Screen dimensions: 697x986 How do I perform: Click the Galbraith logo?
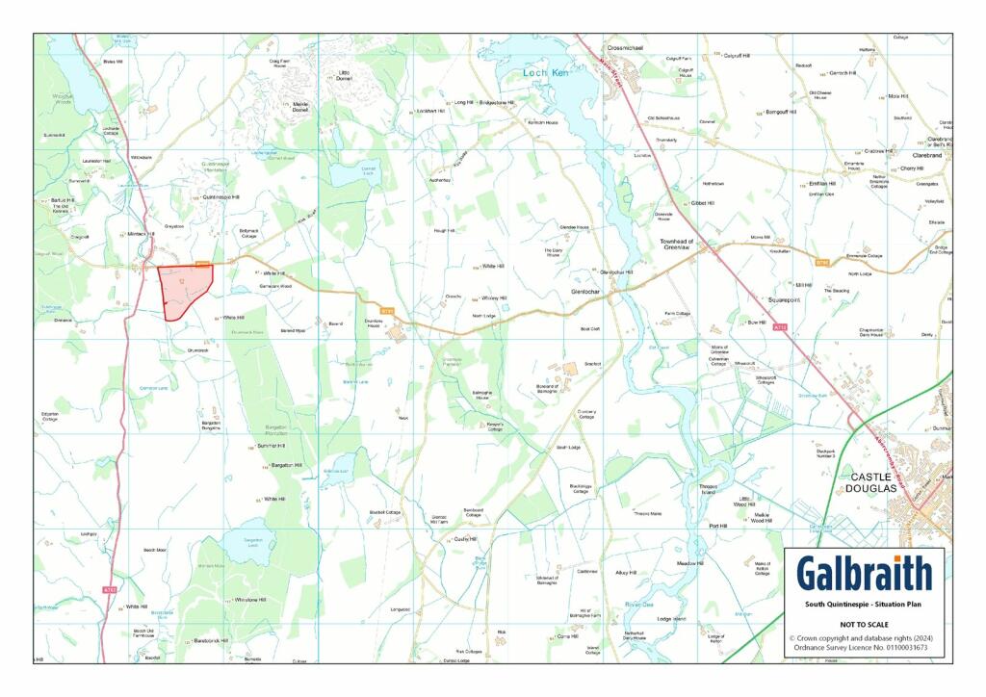[x=864, y=573]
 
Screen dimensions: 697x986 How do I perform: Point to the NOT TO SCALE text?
[x=864, y=624]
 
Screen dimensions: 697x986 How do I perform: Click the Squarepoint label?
[x=777, y=299]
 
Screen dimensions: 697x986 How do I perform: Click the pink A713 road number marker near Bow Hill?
[x=780, y=329]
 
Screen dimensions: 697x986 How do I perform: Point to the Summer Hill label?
[x=272, y=446]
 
